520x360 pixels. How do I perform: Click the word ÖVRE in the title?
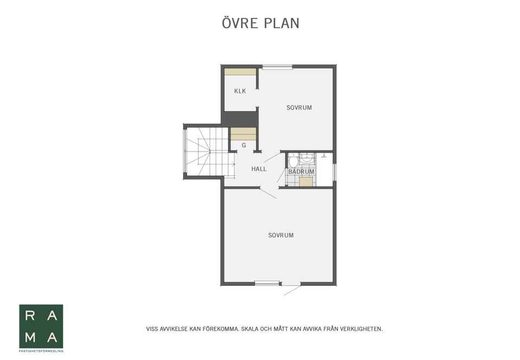240,23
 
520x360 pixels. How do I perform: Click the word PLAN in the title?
282,23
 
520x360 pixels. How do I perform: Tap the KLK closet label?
240,91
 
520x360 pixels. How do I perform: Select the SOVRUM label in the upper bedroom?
299,107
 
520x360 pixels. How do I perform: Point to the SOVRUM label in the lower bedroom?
281,235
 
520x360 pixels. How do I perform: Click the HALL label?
259,169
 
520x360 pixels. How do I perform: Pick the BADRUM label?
301,172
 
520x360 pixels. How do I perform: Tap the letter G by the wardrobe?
244,145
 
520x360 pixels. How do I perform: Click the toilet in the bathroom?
293,161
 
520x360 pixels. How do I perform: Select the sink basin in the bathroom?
307,158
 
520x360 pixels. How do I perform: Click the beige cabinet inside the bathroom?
306,182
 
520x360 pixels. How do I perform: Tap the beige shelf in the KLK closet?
240,71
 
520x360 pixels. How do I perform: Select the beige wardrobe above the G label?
243,134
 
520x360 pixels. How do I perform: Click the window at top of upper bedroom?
277,67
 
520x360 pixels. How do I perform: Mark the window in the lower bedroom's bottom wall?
267,283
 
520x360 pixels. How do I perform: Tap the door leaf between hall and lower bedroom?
268,193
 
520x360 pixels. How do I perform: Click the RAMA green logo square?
41,326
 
